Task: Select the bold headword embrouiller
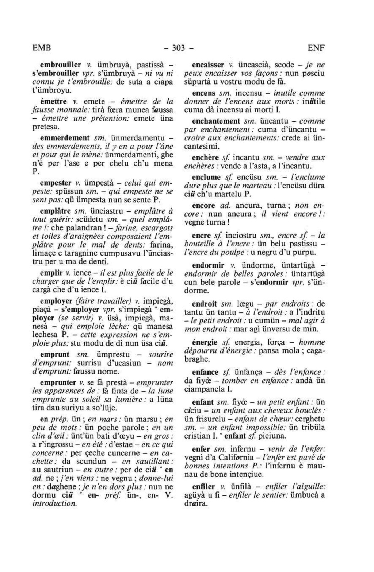pos(60,65)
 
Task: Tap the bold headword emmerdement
pos(65,138)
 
